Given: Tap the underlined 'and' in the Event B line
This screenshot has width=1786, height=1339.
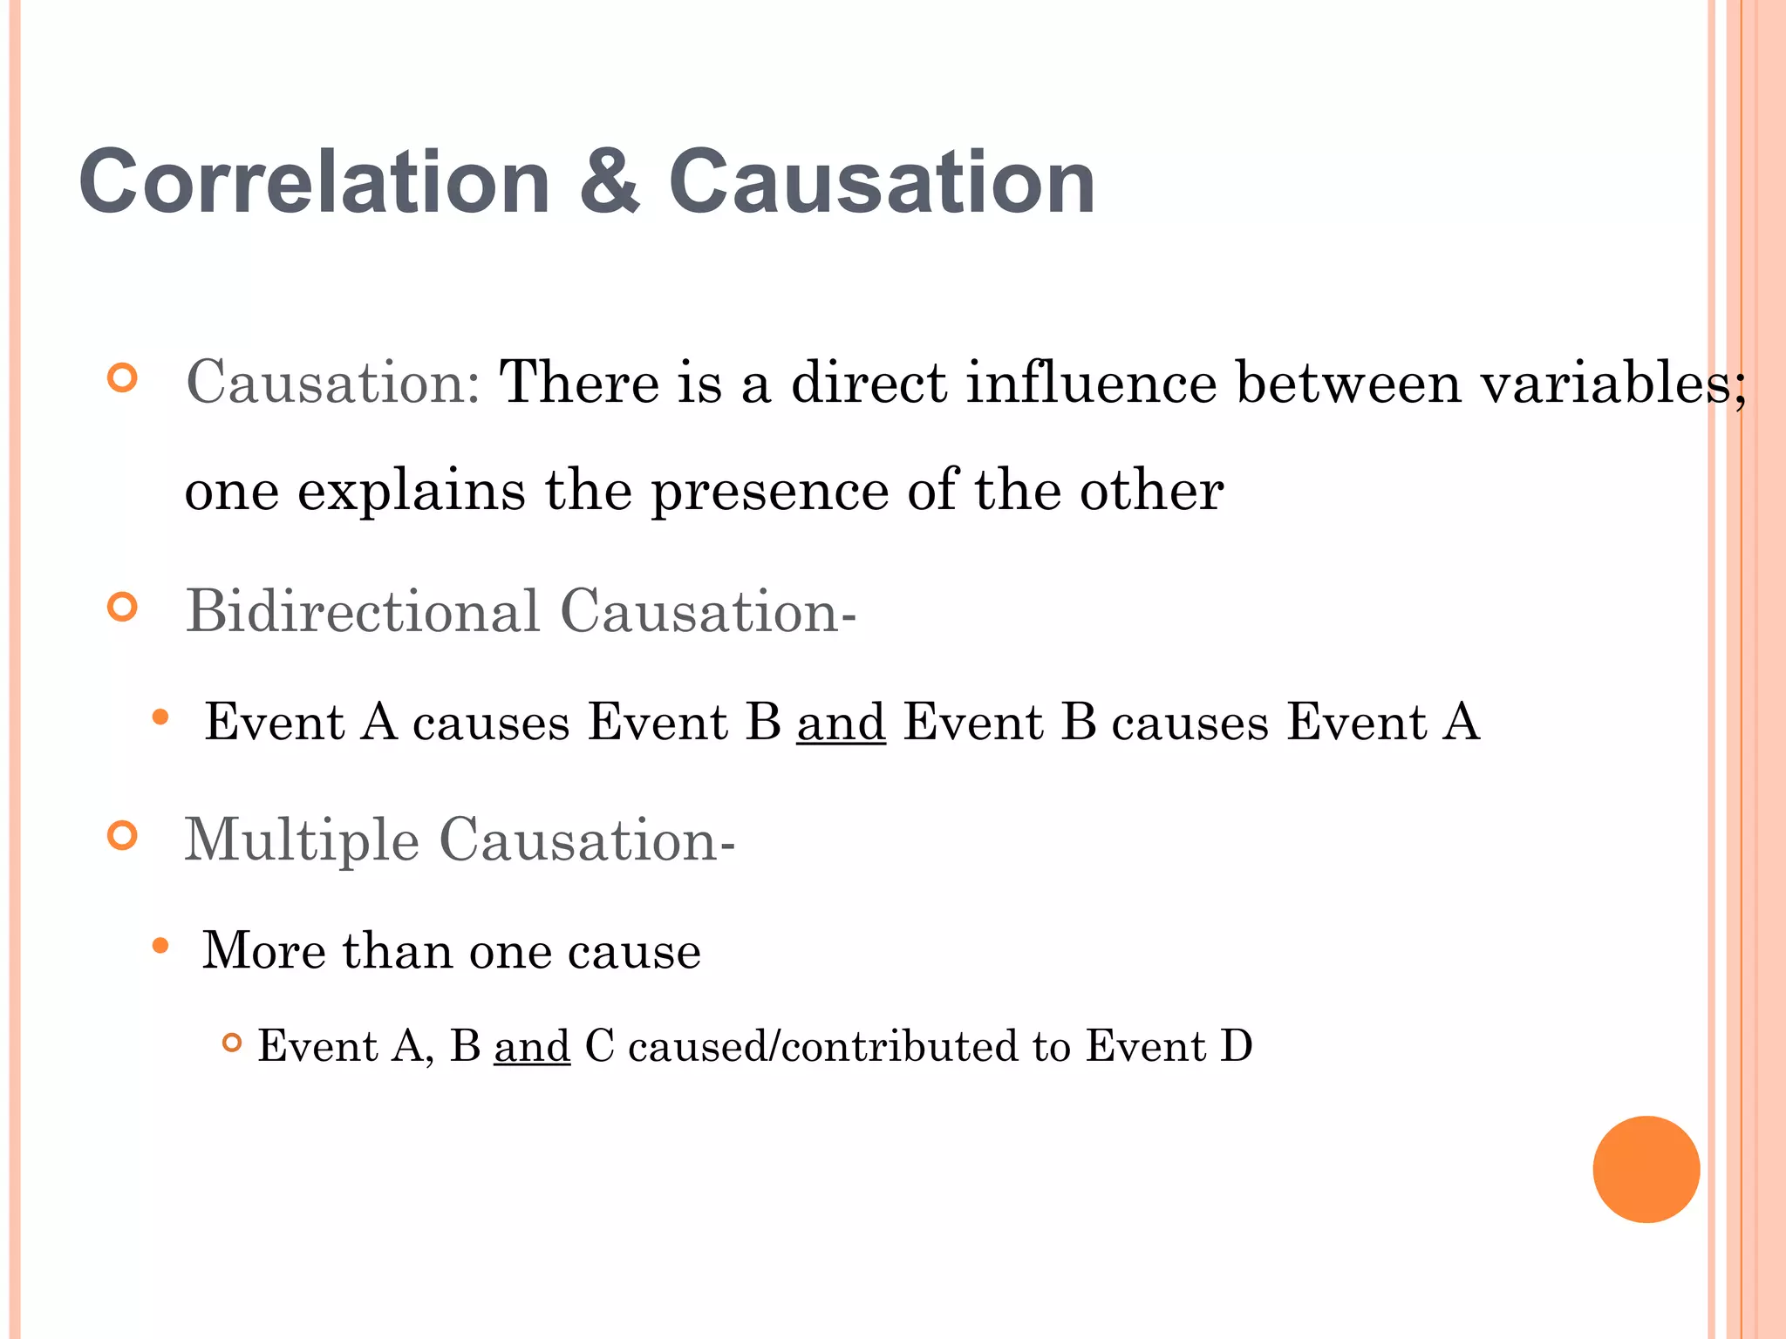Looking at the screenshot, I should [841, 722].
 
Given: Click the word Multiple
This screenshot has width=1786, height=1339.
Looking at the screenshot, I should [302, 839].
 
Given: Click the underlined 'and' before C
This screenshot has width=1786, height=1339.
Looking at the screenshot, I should [532, 1045].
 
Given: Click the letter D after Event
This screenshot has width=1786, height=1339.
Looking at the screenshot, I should [1236, 1045].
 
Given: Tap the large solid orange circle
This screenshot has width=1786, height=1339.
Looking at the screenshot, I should [1646, 1169].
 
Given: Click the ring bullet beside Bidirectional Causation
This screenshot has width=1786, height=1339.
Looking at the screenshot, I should [123, 607].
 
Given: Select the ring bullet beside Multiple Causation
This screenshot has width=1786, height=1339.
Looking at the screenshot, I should [123, 835].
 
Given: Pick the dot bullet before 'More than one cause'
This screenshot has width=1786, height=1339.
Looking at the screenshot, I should [160, 946].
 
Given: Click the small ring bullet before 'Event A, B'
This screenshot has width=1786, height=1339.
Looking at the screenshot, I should [231, 1042].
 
